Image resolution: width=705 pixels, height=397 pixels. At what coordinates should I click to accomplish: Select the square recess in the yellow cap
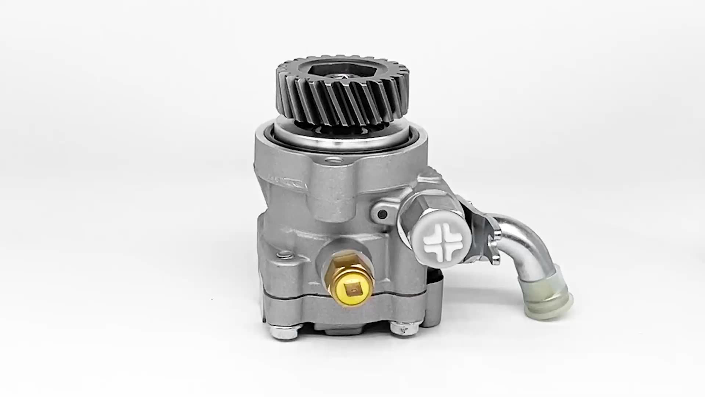tap(352, 290)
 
